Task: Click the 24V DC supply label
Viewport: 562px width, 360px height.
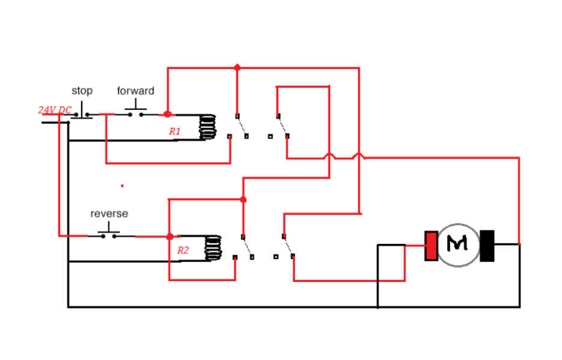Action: pyautogui.click(x=55, y=111)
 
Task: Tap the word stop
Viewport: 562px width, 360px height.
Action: pyautogui.click(x=82, y=91)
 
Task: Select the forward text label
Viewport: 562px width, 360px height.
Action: pyautogui.click(x=135, y=91)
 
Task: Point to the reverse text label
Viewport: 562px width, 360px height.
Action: pyautogui.click(x=109, y=213)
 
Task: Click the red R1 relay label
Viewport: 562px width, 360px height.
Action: pyautogui.click(x=174, y=131)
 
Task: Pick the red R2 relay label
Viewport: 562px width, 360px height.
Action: pyautogui.click(x=183, y=251)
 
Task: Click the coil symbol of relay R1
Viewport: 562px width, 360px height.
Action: pyautogui.click(x=207, y=127)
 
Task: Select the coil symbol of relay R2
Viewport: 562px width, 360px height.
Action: pyautogui.click(x=213, y=248)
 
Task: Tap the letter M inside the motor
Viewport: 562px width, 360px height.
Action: pyautogui.click(x=457, y=243)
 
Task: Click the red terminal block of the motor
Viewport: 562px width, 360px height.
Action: pyautogui.click(x=431, y=246)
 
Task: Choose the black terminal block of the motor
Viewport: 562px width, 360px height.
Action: pyautogui.click(x=487, y=246)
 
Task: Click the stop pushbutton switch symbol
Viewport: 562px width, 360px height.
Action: pyautogui.click(x=83, y=114)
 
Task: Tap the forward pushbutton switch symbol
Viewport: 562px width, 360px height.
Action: pyautogui.click(x=136, y=112)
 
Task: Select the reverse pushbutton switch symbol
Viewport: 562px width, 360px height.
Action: pyautogui.click(x=109, y=233)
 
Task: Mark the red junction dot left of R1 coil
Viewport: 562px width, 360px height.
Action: pyautogui.click(x=167, y=114)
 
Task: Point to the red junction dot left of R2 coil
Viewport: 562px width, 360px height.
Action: pyautogui.click(x=170, y=236)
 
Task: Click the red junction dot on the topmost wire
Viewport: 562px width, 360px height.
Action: pyautogui.click(x=237, y=67)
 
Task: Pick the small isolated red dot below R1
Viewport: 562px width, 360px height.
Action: pyautogui.click(x=122, y=186)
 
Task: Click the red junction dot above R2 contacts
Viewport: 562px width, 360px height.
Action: pyautogui.click(x=243, y=199)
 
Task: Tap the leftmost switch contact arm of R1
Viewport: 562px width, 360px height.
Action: pyautogui.click(x=241, y=126)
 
